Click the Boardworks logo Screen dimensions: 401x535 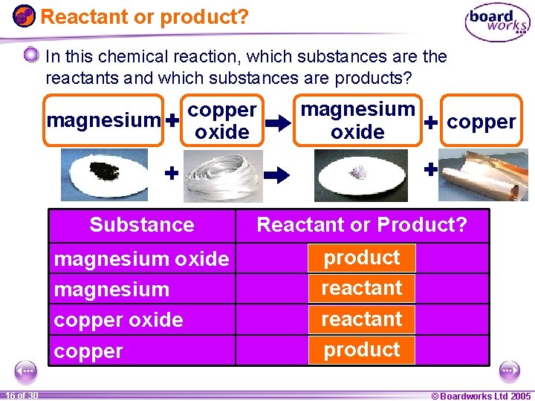tap(497, 22)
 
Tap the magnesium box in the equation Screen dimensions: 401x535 tap(103, 120)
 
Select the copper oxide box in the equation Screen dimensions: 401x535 tap(222, 120)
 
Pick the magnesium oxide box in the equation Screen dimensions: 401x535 tap(357, 120)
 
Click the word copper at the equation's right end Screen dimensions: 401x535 tap(481, 121)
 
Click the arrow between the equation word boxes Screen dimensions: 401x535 tap(278, 124)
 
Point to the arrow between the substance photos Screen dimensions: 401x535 tap(279, 175)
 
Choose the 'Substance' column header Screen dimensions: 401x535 tap(141, 225)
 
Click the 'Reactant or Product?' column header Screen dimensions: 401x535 tap(362, 224)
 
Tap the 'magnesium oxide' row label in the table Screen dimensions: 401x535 tap(141, 259)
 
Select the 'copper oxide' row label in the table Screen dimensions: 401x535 tap(119, 320)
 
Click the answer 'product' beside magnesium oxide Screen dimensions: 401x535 tap(362, 258)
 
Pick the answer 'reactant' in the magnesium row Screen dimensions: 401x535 tap(362, 288)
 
